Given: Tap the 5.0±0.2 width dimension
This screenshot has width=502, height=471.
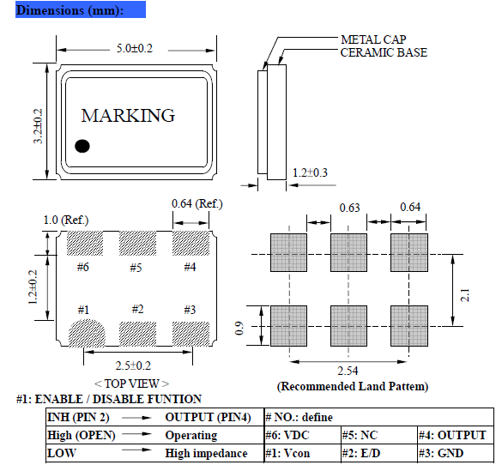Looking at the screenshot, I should pos(134,49).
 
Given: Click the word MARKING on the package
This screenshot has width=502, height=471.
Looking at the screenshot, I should pos(128,115).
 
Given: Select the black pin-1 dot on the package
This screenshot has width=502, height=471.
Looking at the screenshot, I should pos(82,146).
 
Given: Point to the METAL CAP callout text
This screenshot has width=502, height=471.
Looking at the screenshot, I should pos(373,39).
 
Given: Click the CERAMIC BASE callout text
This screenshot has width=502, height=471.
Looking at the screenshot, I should pos(384,52).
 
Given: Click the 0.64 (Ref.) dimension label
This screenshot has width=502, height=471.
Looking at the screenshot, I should pos(197,203).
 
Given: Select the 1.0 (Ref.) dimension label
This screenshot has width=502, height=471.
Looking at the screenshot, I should pos(66,220).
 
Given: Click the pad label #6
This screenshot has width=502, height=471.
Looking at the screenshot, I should pos(82,267).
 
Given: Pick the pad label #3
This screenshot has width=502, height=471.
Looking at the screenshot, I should pos(191,309).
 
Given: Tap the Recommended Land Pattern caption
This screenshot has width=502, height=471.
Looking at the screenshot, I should pos(353,386).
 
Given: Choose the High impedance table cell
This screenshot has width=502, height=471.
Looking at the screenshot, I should pos(206,453).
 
